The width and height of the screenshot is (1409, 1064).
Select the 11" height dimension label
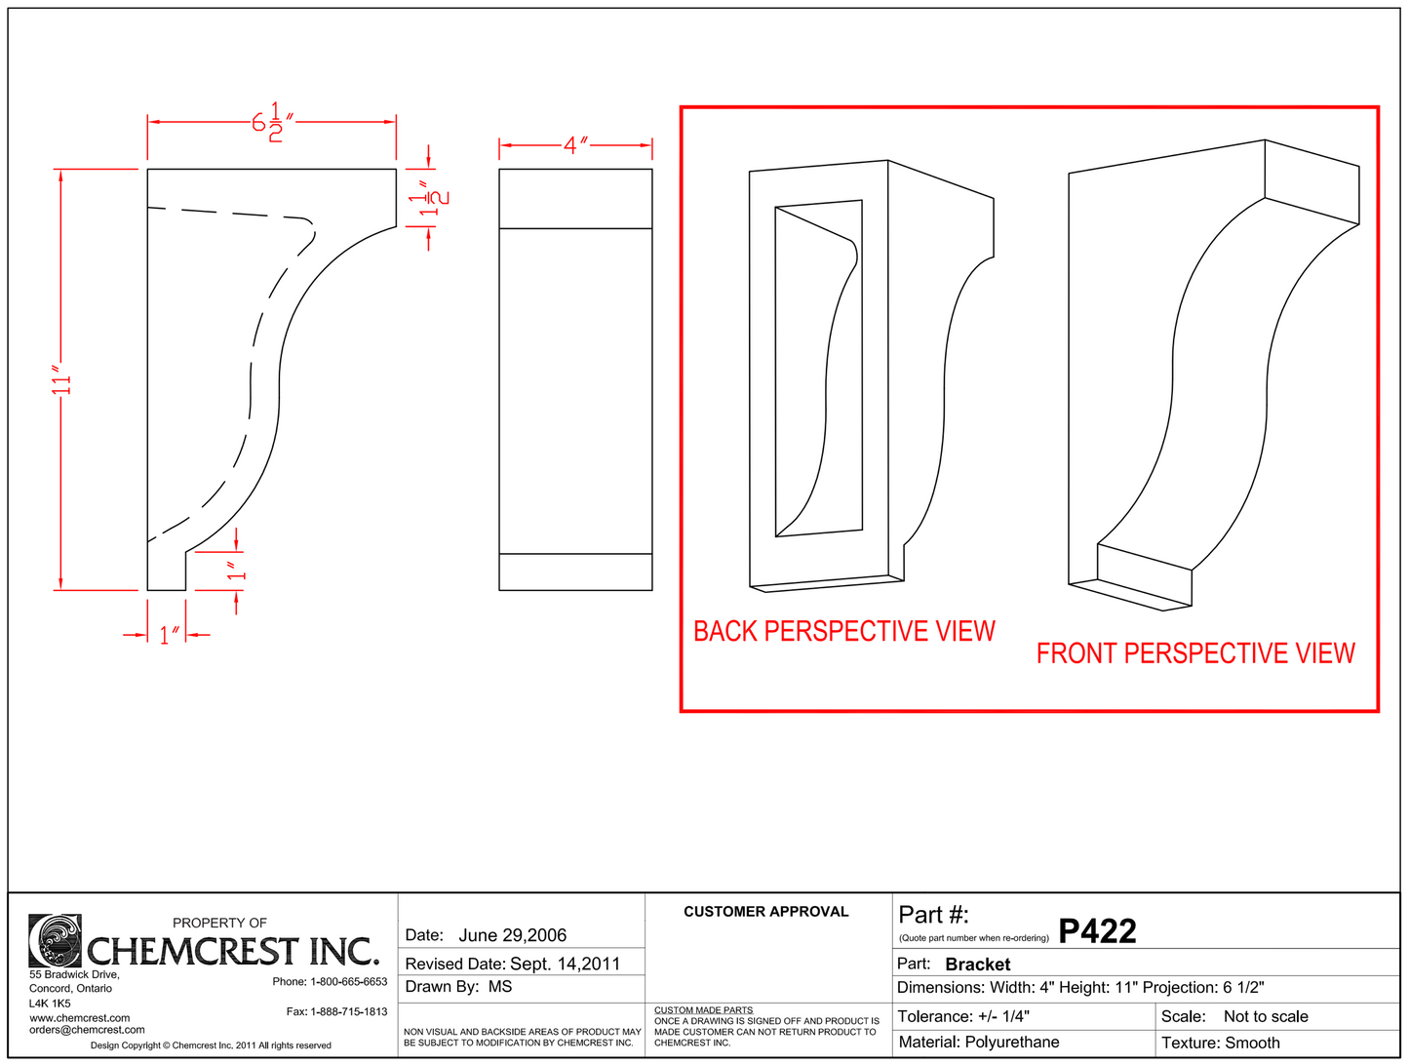pyautogui.click(x=62, y=381)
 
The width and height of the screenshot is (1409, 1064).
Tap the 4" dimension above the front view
pyautogui.click(x=575, y=145)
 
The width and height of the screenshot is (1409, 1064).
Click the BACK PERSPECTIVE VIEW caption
pyautogui.click(x=843, y=631)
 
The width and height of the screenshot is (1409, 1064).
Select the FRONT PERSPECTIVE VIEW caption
pyautogui.click(x=1195, y=652)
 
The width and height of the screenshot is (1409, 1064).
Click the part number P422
pyautogui.click(x=1097, y=931)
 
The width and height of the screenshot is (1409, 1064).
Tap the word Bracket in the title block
pyautogui.click(x=977, y=965)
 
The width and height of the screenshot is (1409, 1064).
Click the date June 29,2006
pyautogui.click(x=512, y=935)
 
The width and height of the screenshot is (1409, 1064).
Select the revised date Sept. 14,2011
pyautogui.click(x=565, y=964)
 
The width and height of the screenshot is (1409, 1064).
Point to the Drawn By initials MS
pyautogui.click(x=500, y=987)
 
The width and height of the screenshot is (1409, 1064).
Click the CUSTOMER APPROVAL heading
pyautogui.click(x=765, y=912)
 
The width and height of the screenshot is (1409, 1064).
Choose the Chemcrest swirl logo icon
pyautogui.click(x=55, y=940)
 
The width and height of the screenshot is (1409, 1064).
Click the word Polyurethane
pyautogui.click(x=1011, y=1043)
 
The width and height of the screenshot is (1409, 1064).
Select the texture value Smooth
pyautogui.click(x=1252, y=1043)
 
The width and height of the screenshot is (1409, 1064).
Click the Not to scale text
pyautogui.click(x=1266, y=1016)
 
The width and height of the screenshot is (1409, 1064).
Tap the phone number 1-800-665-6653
pyautogui.click(x=348, y=982)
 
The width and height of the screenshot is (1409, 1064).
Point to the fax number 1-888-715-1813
pyautogui.click(x=348, y=1012)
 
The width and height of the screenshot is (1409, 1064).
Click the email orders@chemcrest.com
pyautogui.click(x=87, y=1030)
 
